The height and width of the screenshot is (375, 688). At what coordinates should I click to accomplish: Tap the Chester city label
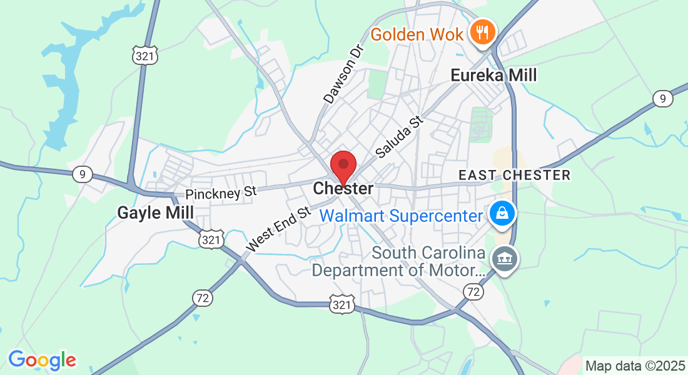click(x=343, y=188)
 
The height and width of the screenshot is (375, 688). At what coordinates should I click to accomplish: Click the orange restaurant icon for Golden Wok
click(x=483, y=30)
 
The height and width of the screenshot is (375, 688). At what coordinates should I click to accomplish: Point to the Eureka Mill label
click(x=493, y=76)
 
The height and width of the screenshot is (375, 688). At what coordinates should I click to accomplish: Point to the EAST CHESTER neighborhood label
click(x=514, y=175)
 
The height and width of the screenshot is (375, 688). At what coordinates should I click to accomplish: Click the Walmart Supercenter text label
click(x=402, y=216)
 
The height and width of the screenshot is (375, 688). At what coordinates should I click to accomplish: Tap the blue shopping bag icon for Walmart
click(x=502, y=212)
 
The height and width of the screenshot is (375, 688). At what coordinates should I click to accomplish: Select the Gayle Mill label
click(x=155, y=213)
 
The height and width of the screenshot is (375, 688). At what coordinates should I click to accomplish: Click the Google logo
click(x=42, y=360)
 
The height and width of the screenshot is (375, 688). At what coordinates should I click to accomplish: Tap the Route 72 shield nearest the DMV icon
click(x=473, y=291)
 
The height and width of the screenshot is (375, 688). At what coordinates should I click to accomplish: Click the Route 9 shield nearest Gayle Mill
click(x=82, y=174)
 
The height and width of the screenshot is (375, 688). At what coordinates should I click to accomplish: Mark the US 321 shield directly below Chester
click(x=342, y=304)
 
